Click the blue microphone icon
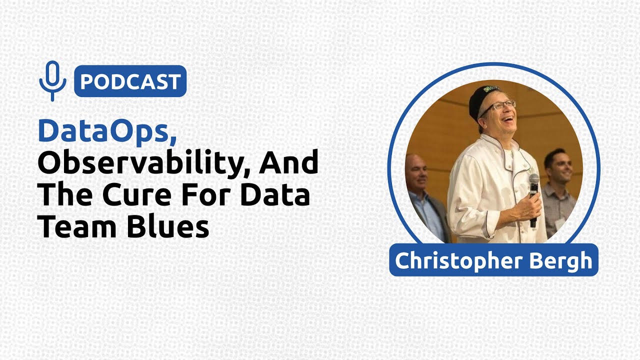[52, 80]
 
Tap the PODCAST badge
[130, 81]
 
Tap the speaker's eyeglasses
[497, 106]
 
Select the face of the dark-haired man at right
[558, 166]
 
